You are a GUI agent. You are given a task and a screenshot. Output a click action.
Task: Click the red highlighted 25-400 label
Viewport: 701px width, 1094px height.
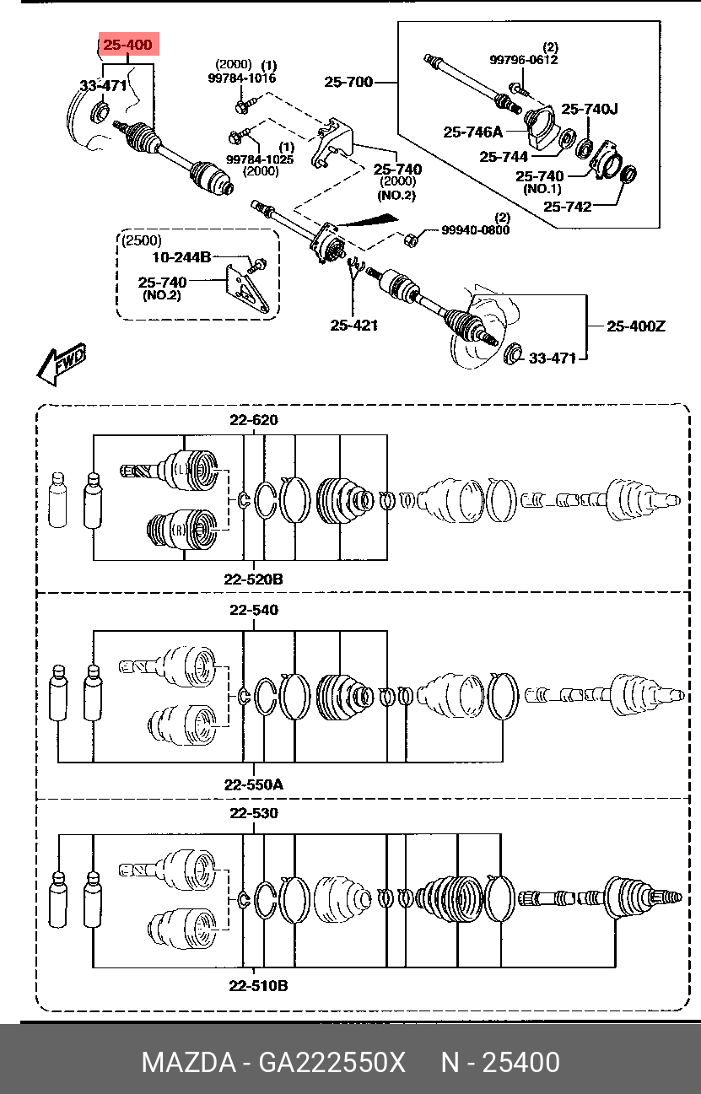[128, 45]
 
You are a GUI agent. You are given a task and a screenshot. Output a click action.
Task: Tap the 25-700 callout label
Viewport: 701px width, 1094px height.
[348, 82]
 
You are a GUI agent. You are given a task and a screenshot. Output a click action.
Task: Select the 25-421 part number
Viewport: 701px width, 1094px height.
[353, 326]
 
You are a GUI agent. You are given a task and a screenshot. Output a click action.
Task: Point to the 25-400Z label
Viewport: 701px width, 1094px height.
[635, 326]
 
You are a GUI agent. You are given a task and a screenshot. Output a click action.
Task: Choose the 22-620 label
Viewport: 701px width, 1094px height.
[254, 420]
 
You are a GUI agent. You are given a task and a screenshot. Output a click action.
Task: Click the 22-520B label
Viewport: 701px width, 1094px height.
[253, 579]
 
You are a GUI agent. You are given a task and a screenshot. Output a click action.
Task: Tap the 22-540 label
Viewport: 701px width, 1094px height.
[254, 610]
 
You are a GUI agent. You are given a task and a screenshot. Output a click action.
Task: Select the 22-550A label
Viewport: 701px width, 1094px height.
[253, 784]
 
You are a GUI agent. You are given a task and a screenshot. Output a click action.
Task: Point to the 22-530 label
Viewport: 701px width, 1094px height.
[254, 813]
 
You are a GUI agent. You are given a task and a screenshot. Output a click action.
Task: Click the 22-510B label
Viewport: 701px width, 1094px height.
[258, 986]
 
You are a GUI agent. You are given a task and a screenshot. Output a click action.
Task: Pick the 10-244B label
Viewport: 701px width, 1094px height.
[181, 257]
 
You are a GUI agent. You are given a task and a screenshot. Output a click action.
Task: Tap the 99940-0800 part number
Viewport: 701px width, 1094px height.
[475, 229]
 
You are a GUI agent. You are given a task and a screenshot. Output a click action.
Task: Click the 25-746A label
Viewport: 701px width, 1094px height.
[472, 132]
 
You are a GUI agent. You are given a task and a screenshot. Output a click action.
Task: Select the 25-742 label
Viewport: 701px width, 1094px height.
[567, 207]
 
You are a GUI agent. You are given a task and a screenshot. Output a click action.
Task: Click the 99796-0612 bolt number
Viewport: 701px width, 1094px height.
[524, 60]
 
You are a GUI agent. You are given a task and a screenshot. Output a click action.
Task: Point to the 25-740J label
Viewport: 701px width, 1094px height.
[589, 109]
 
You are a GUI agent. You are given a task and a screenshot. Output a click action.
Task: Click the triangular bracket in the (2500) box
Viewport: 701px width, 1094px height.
[245, 288]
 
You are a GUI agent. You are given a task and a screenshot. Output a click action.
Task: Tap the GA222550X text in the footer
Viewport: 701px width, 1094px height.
[332, 1062]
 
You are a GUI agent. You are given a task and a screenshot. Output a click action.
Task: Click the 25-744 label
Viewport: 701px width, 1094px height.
[503, 157]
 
